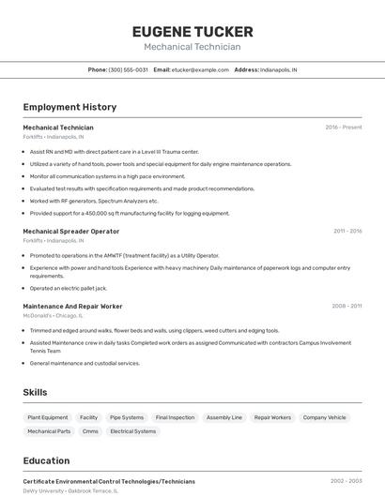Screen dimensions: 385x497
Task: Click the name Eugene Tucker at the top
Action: point(192,31)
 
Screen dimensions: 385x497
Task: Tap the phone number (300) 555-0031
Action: point(128,69)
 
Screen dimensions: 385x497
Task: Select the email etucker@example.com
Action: point(200,69)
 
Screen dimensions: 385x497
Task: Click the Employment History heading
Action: point(69,107)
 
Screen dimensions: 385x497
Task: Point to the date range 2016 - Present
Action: point(344,127)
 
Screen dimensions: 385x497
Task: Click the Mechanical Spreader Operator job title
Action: point(71,231)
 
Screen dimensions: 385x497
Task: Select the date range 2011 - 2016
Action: point(346,231)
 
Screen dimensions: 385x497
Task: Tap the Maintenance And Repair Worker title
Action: point(72,306)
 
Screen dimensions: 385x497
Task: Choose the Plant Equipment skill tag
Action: point(48,417)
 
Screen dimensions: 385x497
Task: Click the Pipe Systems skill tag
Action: point(127,417)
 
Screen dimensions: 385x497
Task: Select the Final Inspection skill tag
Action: point(175,417)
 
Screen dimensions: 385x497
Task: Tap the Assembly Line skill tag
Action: point(224,417)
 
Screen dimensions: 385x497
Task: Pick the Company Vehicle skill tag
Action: point(324,417)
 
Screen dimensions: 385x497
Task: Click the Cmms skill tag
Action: point(90,431)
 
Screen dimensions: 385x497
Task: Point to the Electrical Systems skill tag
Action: point(133,431)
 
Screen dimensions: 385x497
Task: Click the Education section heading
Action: point(46,460)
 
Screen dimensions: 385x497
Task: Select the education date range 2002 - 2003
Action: point(346,481)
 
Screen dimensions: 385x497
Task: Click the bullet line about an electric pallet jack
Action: point(69,288)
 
